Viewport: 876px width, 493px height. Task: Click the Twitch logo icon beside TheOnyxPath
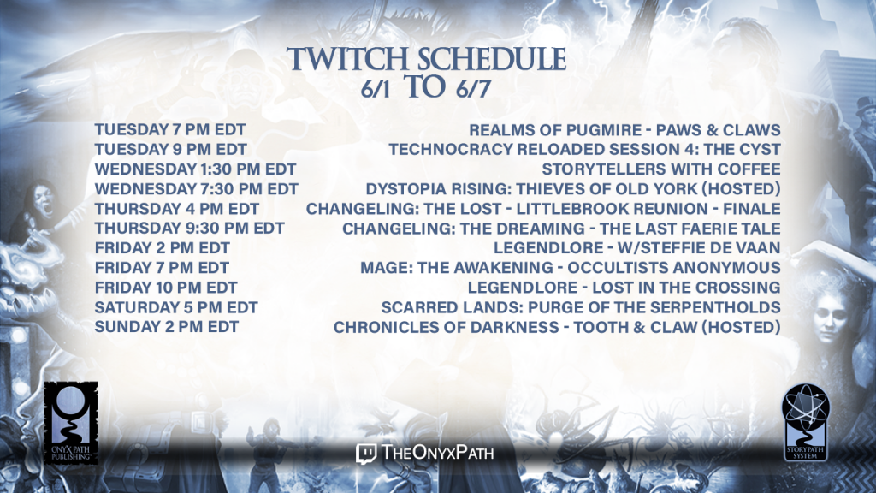[366, 454]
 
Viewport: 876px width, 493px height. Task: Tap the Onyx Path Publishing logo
[71, 423]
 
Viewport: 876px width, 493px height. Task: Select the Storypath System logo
[805, 422]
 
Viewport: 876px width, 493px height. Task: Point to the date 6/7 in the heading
[472, 89]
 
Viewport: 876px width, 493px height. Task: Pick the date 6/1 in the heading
[375, 89]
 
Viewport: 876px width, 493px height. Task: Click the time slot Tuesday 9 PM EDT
[171, 149]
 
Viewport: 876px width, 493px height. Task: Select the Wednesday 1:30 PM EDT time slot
[196, 169]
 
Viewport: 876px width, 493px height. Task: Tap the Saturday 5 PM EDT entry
[176, 307]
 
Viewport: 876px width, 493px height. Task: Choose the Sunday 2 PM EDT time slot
[167, 327]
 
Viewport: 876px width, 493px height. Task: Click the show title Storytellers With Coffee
[661, 169]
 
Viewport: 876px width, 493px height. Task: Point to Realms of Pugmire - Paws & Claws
[624, 130]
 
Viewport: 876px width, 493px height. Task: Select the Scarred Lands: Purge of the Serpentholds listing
[581, 307]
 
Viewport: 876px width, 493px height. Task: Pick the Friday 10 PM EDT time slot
[166, 288]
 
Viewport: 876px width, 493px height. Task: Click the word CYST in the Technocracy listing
[760, 149]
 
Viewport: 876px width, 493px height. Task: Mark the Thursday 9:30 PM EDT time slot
[189, 228]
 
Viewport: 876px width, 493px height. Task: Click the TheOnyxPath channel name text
[437, 452]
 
